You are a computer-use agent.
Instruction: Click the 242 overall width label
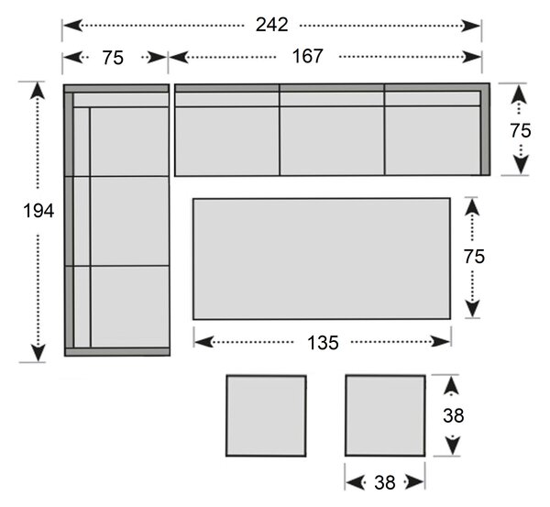272,25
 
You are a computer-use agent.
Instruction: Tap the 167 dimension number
307,56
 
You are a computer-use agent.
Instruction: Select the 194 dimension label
38,211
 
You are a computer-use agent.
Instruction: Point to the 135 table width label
323,343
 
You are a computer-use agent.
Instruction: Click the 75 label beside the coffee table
474,257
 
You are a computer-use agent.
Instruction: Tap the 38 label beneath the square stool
385,482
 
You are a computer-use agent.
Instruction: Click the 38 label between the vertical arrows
453,415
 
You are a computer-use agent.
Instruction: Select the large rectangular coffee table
322,259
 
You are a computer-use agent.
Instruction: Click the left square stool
266,415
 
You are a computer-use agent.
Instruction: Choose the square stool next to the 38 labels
385,415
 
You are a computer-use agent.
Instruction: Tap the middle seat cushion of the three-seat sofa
332,141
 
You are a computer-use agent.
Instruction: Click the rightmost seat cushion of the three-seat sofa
433,141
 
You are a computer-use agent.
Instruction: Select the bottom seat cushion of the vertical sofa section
130,306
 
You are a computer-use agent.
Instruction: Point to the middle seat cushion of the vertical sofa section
130,221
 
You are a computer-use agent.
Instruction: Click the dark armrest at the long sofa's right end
485,129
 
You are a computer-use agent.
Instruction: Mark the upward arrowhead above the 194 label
38,90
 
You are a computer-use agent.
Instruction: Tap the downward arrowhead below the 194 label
38,353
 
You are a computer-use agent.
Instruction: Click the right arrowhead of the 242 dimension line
471,26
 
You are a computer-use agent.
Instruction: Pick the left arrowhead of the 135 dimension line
204,342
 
